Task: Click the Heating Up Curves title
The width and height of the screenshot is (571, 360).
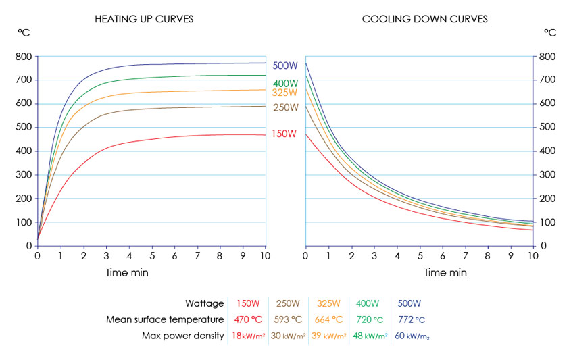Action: (144, 19)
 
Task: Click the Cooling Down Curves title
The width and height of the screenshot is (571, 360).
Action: (424, 19)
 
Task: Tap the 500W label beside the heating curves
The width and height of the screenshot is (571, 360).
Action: (285, 66)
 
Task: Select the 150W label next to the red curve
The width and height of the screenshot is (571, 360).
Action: (284, 134)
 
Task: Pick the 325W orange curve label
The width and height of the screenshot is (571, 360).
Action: (284, 93)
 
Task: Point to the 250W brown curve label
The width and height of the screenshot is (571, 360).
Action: (286, 107)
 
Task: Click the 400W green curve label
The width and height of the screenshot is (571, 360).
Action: (285, 83)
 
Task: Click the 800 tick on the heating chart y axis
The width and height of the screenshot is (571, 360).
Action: (24, 57)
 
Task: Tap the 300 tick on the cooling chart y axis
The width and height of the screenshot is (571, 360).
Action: (547, 175)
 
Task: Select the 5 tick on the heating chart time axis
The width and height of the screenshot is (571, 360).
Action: (152, 256)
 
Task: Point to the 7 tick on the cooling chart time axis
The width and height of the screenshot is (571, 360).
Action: (466, 256)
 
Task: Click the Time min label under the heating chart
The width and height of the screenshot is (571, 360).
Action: (127, 273)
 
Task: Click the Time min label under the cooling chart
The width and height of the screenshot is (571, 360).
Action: (445, 273)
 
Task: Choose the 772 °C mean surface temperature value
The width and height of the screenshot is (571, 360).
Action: (412, 319)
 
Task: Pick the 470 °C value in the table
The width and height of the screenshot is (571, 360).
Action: (248, 319)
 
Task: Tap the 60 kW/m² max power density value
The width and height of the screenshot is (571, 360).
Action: (412, 336)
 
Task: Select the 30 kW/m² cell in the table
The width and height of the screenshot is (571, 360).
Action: (288, 336)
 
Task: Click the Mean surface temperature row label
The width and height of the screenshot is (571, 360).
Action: (165, 319)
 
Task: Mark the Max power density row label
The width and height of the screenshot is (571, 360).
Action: (183, 336)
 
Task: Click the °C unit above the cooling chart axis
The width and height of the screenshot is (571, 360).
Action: (550, 33)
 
